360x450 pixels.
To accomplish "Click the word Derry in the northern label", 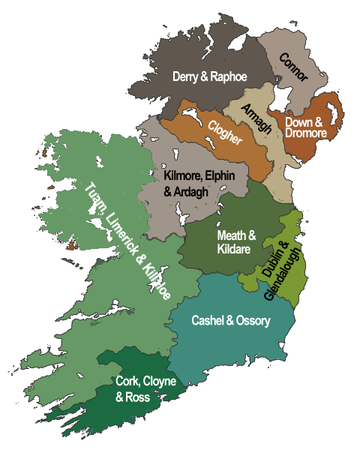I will [186, 76].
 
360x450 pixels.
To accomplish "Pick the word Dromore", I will [306, 133].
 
